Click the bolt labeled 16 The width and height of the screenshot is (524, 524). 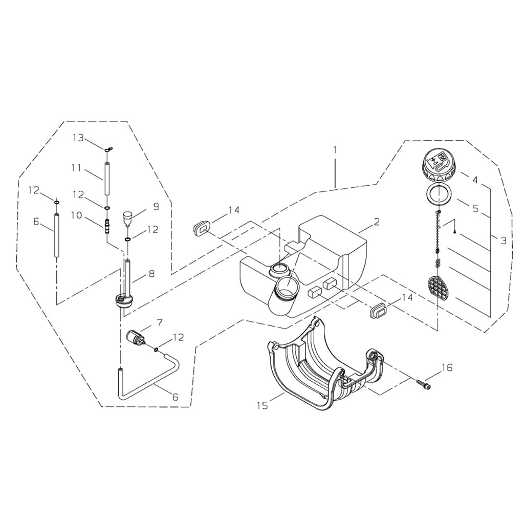click(x=423, y=384)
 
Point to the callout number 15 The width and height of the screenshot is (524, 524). click(x=263, y=406)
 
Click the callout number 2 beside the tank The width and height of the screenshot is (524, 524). click(x=377, y=222)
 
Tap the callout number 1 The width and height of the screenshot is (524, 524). click(x=335, y=149)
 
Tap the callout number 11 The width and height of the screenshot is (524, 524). click(x=76, y=167)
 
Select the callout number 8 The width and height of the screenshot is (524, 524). click(x=151, y=274)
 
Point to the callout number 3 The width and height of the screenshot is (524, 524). click(x=504, y=241)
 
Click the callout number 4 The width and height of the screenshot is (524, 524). click(x=475, y=180)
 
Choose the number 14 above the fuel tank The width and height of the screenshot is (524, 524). click(x=234, y=210)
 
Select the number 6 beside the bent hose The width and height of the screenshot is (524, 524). click(x=174, y=397)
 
